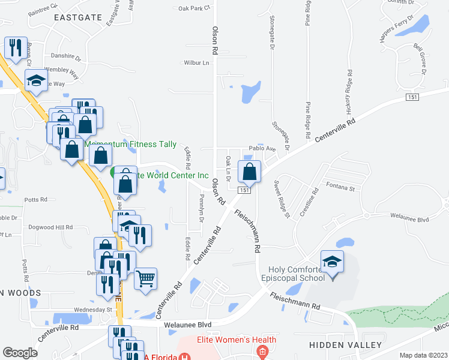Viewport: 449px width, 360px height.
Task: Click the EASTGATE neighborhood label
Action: pos(78,18)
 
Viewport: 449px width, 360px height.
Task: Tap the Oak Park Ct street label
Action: pos(194,8)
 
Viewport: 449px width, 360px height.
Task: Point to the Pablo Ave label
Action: pos(262,149)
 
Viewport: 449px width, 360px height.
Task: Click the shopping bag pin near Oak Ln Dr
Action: pos(250,172)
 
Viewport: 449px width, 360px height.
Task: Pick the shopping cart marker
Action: pos(146,279)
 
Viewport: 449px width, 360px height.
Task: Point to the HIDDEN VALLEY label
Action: pos(345,345)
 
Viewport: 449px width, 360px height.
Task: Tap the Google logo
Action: pos(20,353)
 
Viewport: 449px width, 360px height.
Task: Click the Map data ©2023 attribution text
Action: pos(423,355)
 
